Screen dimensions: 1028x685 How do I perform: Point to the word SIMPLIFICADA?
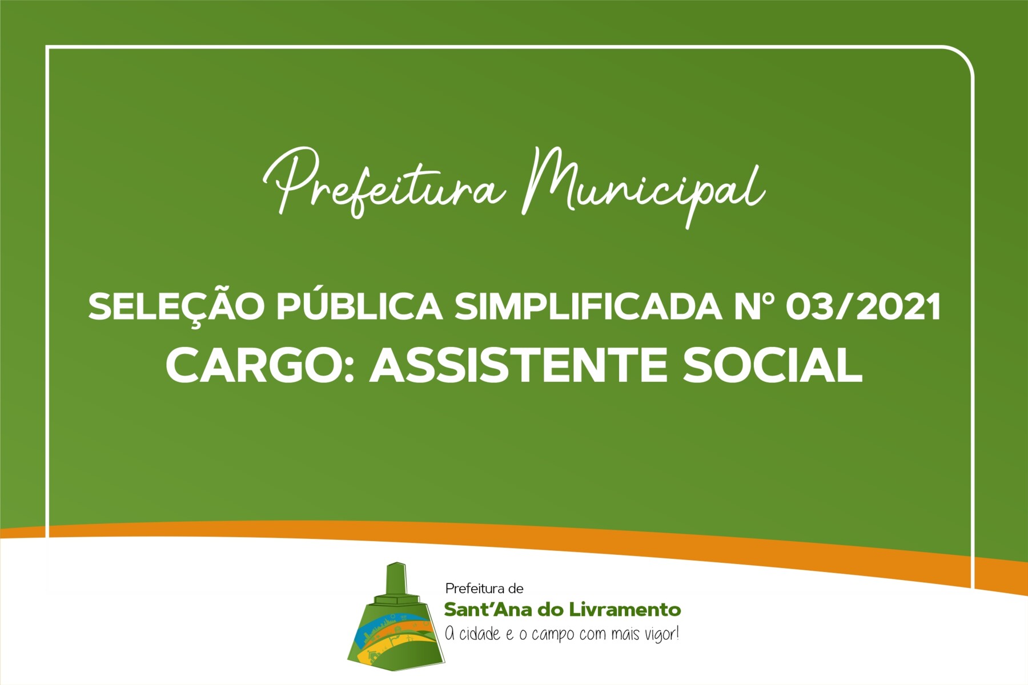[588, 307]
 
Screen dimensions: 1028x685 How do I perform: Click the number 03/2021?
[863, 307]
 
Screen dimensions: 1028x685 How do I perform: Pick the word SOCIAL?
[773, 365]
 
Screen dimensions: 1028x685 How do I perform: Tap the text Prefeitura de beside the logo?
[484, 589]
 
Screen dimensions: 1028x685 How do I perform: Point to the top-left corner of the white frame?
[47, 47]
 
